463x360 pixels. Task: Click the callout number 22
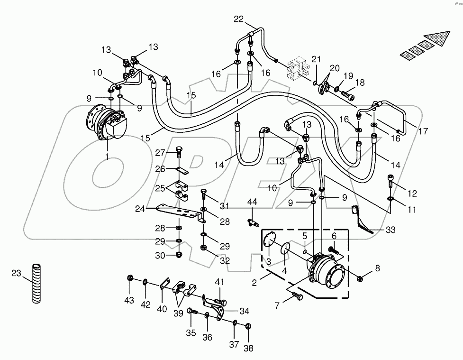[238, 19]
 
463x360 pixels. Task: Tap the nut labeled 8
[360, 278]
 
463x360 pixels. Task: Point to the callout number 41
[219, 282]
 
